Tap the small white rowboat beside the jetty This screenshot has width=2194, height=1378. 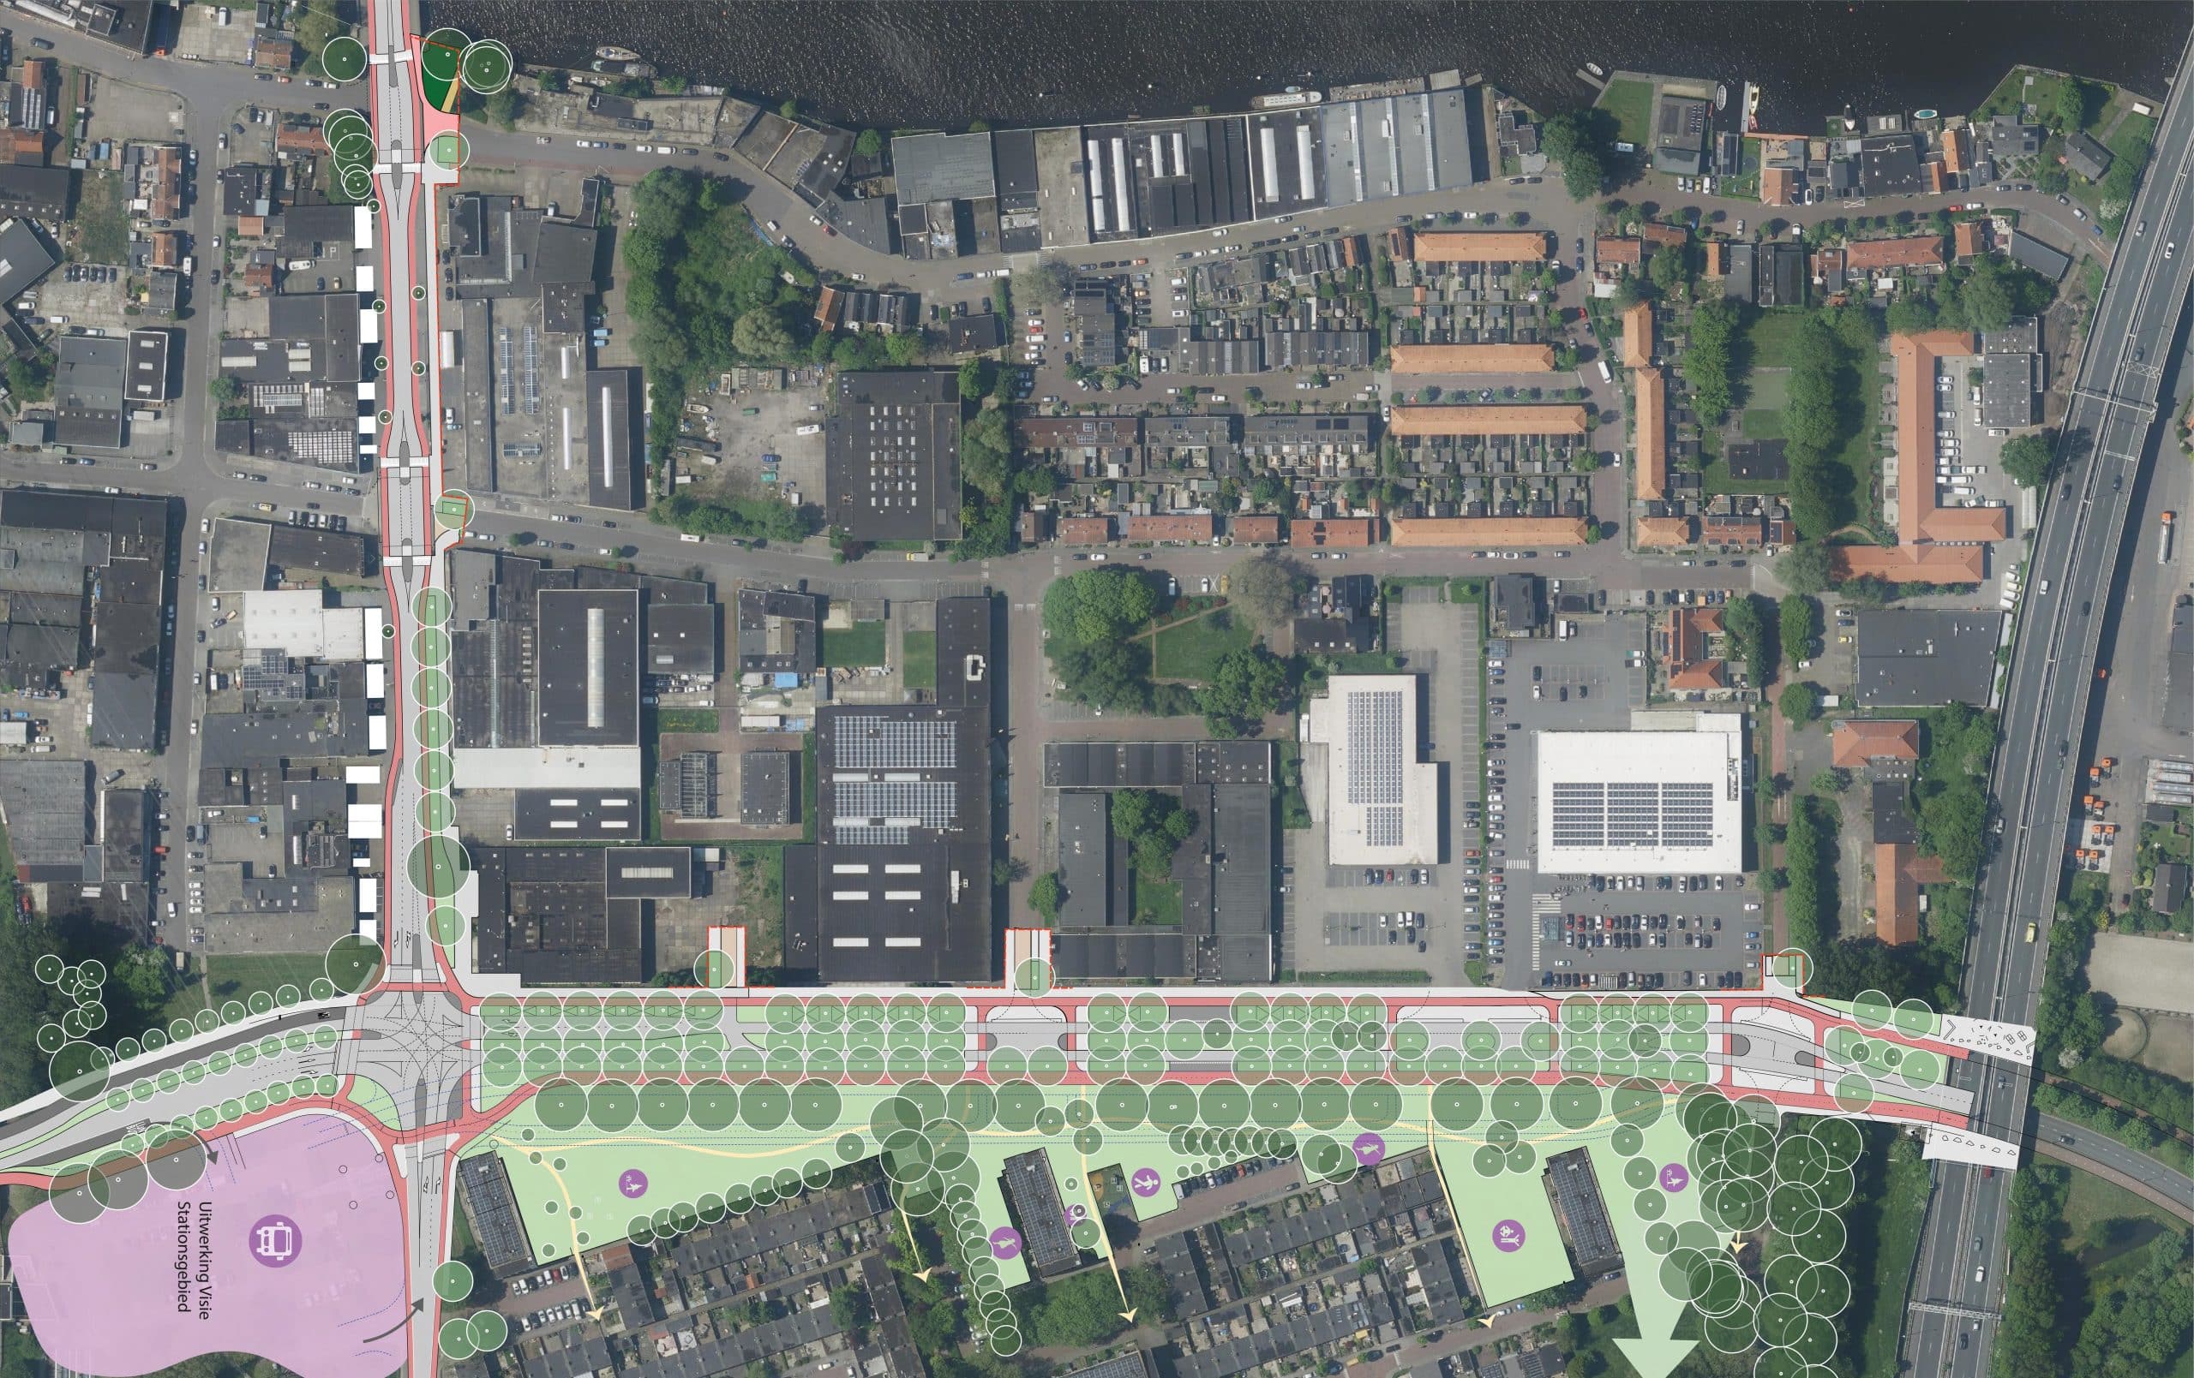[x=1592, y=69]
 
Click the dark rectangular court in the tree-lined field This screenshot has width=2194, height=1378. [x=1758, y=460]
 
